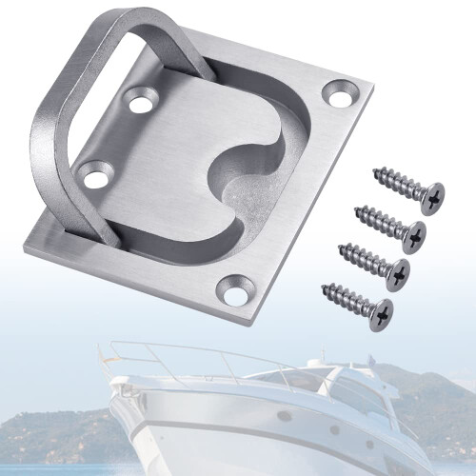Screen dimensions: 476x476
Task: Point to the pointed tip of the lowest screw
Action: tap(324, 285)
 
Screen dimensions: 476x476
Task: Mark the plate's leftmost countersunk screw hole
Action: tap(93, 175)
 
